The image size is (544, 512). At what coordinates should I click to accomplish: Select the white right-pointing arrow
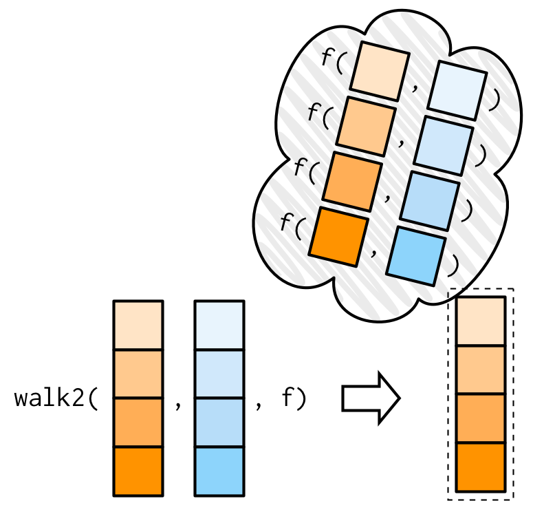point(371,398)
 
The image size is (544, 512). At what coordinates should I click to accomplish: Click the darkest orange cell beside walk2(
point(138,471)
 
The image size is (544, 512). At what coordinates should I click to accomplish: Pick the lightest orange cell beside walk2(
point(138,325)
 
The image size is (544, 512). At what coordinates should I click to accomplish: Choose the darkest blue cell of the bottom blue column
point(219,471)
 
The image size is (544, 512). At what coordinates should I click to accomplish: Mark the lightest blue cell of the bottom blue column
point(219,325)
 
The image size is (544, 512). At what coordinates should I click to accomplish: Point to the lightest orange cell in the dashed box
point(481,321)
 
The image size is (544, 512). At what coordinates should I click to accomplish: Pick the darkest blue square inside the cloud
point(415,255)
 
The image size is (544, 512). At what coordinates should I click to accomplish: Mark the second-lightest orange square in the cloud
point(365,125)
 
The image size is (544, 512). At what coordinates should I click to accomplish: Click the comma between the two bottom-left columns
point(179,405)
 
